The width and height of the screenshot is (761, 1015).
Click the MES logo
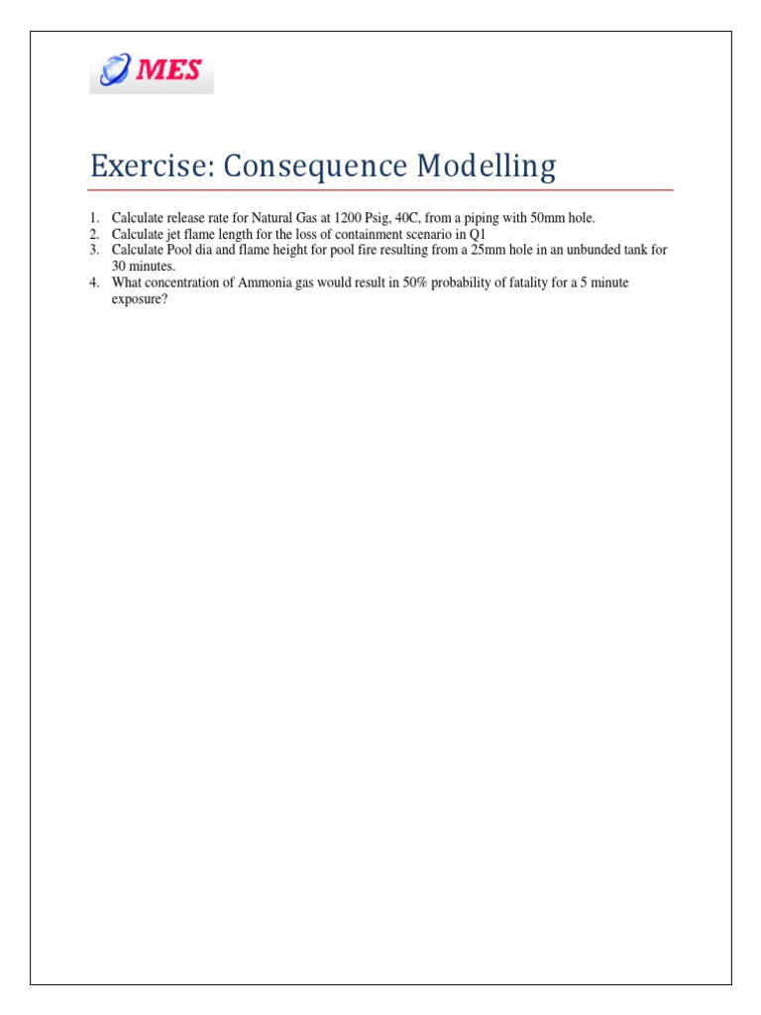click(152, 70)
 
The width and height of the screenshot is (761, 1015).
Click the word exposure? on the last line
click(139, 298)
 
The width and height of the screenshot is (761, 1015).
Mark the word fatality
click(526, 282)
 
